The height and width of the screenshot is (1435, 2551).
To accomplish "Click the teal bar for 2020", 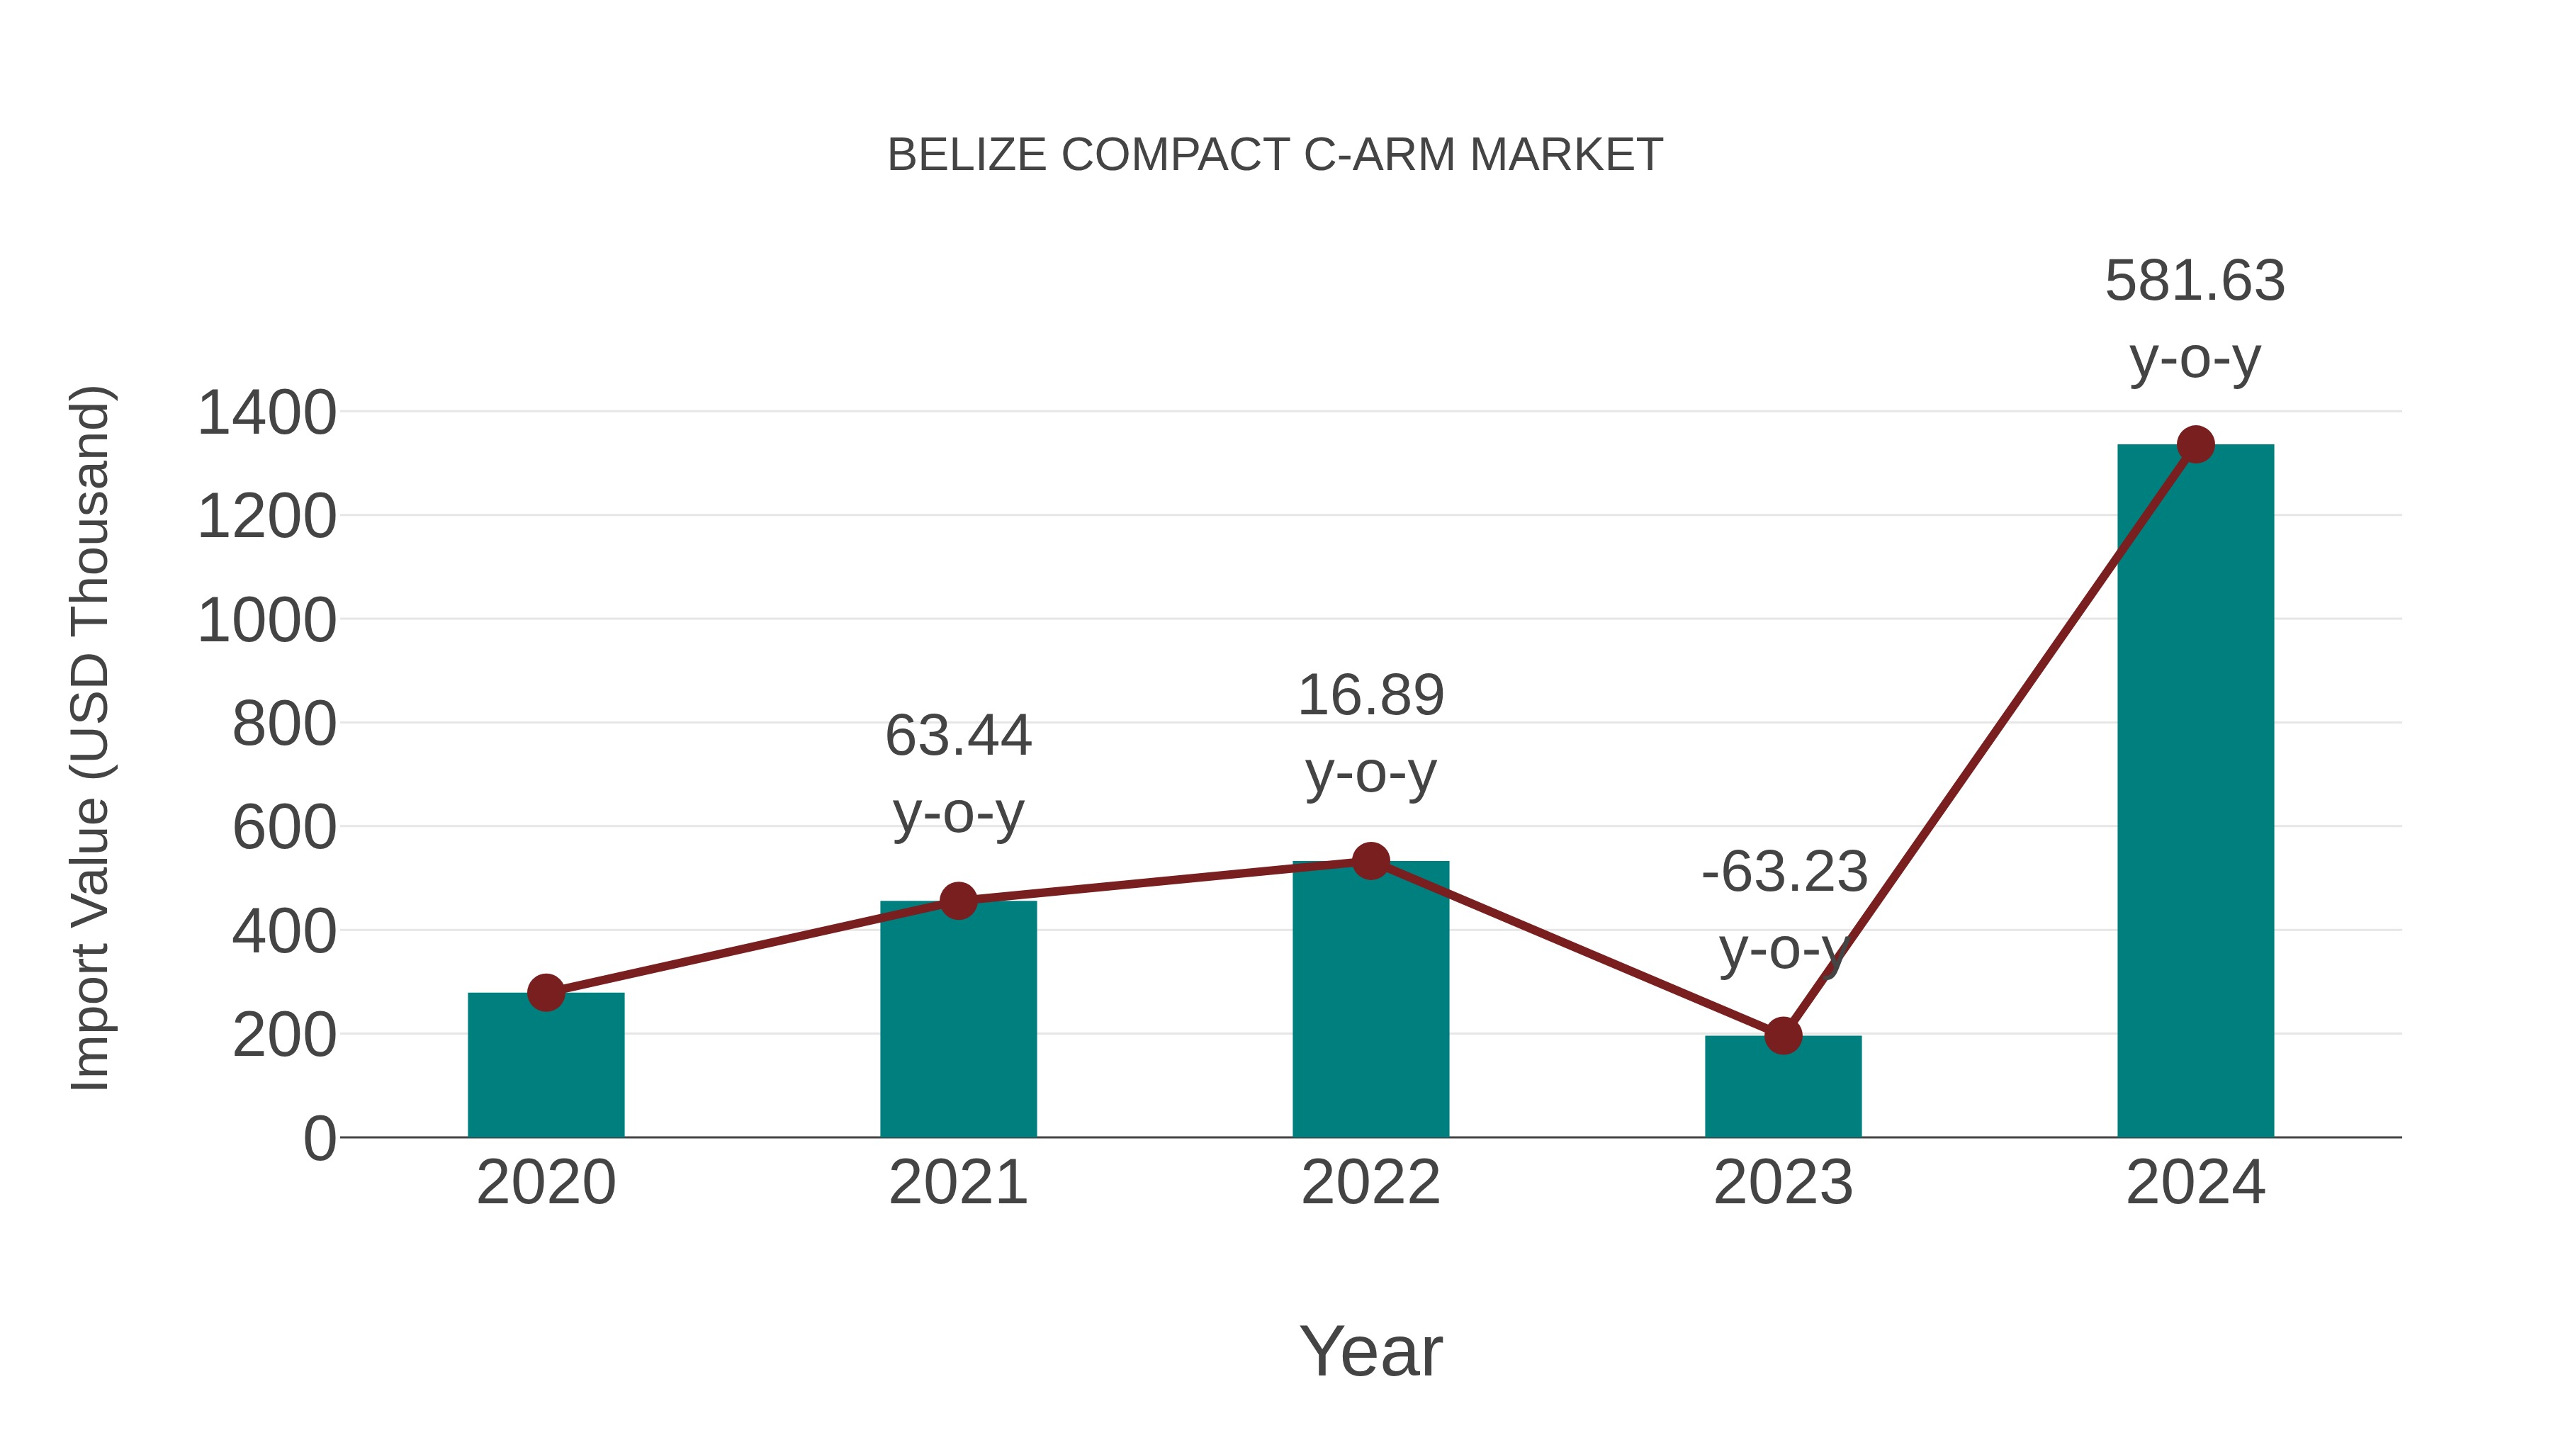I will pyautogui.click(x=546, y=1069).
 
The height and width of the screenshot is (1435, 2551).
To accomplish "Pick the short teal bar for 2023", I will pyautogui.click(x=1783, y=1089).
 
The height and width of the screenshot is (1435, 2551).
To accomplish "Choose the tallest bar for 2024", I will pyautogui.click(x=2195, y=792).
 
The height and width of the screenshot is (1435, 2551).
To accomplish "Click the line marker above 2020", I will pyautogui.click(x=546, y=992).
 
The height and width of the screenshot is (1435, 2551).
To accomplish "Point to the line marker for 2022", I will pyautogui.click(x=1370, y=860).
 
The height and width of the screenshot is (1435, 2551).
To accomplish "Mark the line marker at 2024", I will pyautogui.click(x=2195, y=444).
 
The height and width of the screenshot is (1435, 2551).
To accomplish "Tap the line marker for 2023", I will pyautogui.click(x=1783, y=1036).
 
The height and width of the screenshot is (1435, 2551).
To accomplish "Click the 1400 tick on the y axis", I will pyautogui.click(x=266, y=413).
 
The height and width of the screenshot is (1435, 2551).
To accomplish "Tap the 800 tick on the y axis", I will pyautogui.click(x=283, y=724).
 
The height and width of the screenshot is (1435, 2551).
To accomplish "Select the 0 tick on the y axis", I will pyautogui.click(x=319, y=1139).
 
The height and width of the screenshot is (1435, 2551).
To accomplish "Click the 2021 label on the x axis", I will pyautogui.click(x=957, y=1183).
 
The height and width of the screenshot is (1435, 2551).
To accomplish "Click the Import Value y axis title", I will pyautogui.click(x=90, y=738).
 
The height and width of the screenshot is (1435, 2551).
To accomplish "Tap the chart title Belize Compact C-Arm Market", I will pyautogui.click(x=1275, y=155).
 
